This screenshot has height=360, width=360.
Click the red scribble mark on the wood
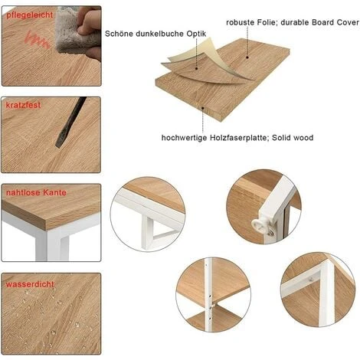[35, 39]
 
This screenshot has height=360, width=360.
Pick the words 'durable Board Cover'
[319, 23]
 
